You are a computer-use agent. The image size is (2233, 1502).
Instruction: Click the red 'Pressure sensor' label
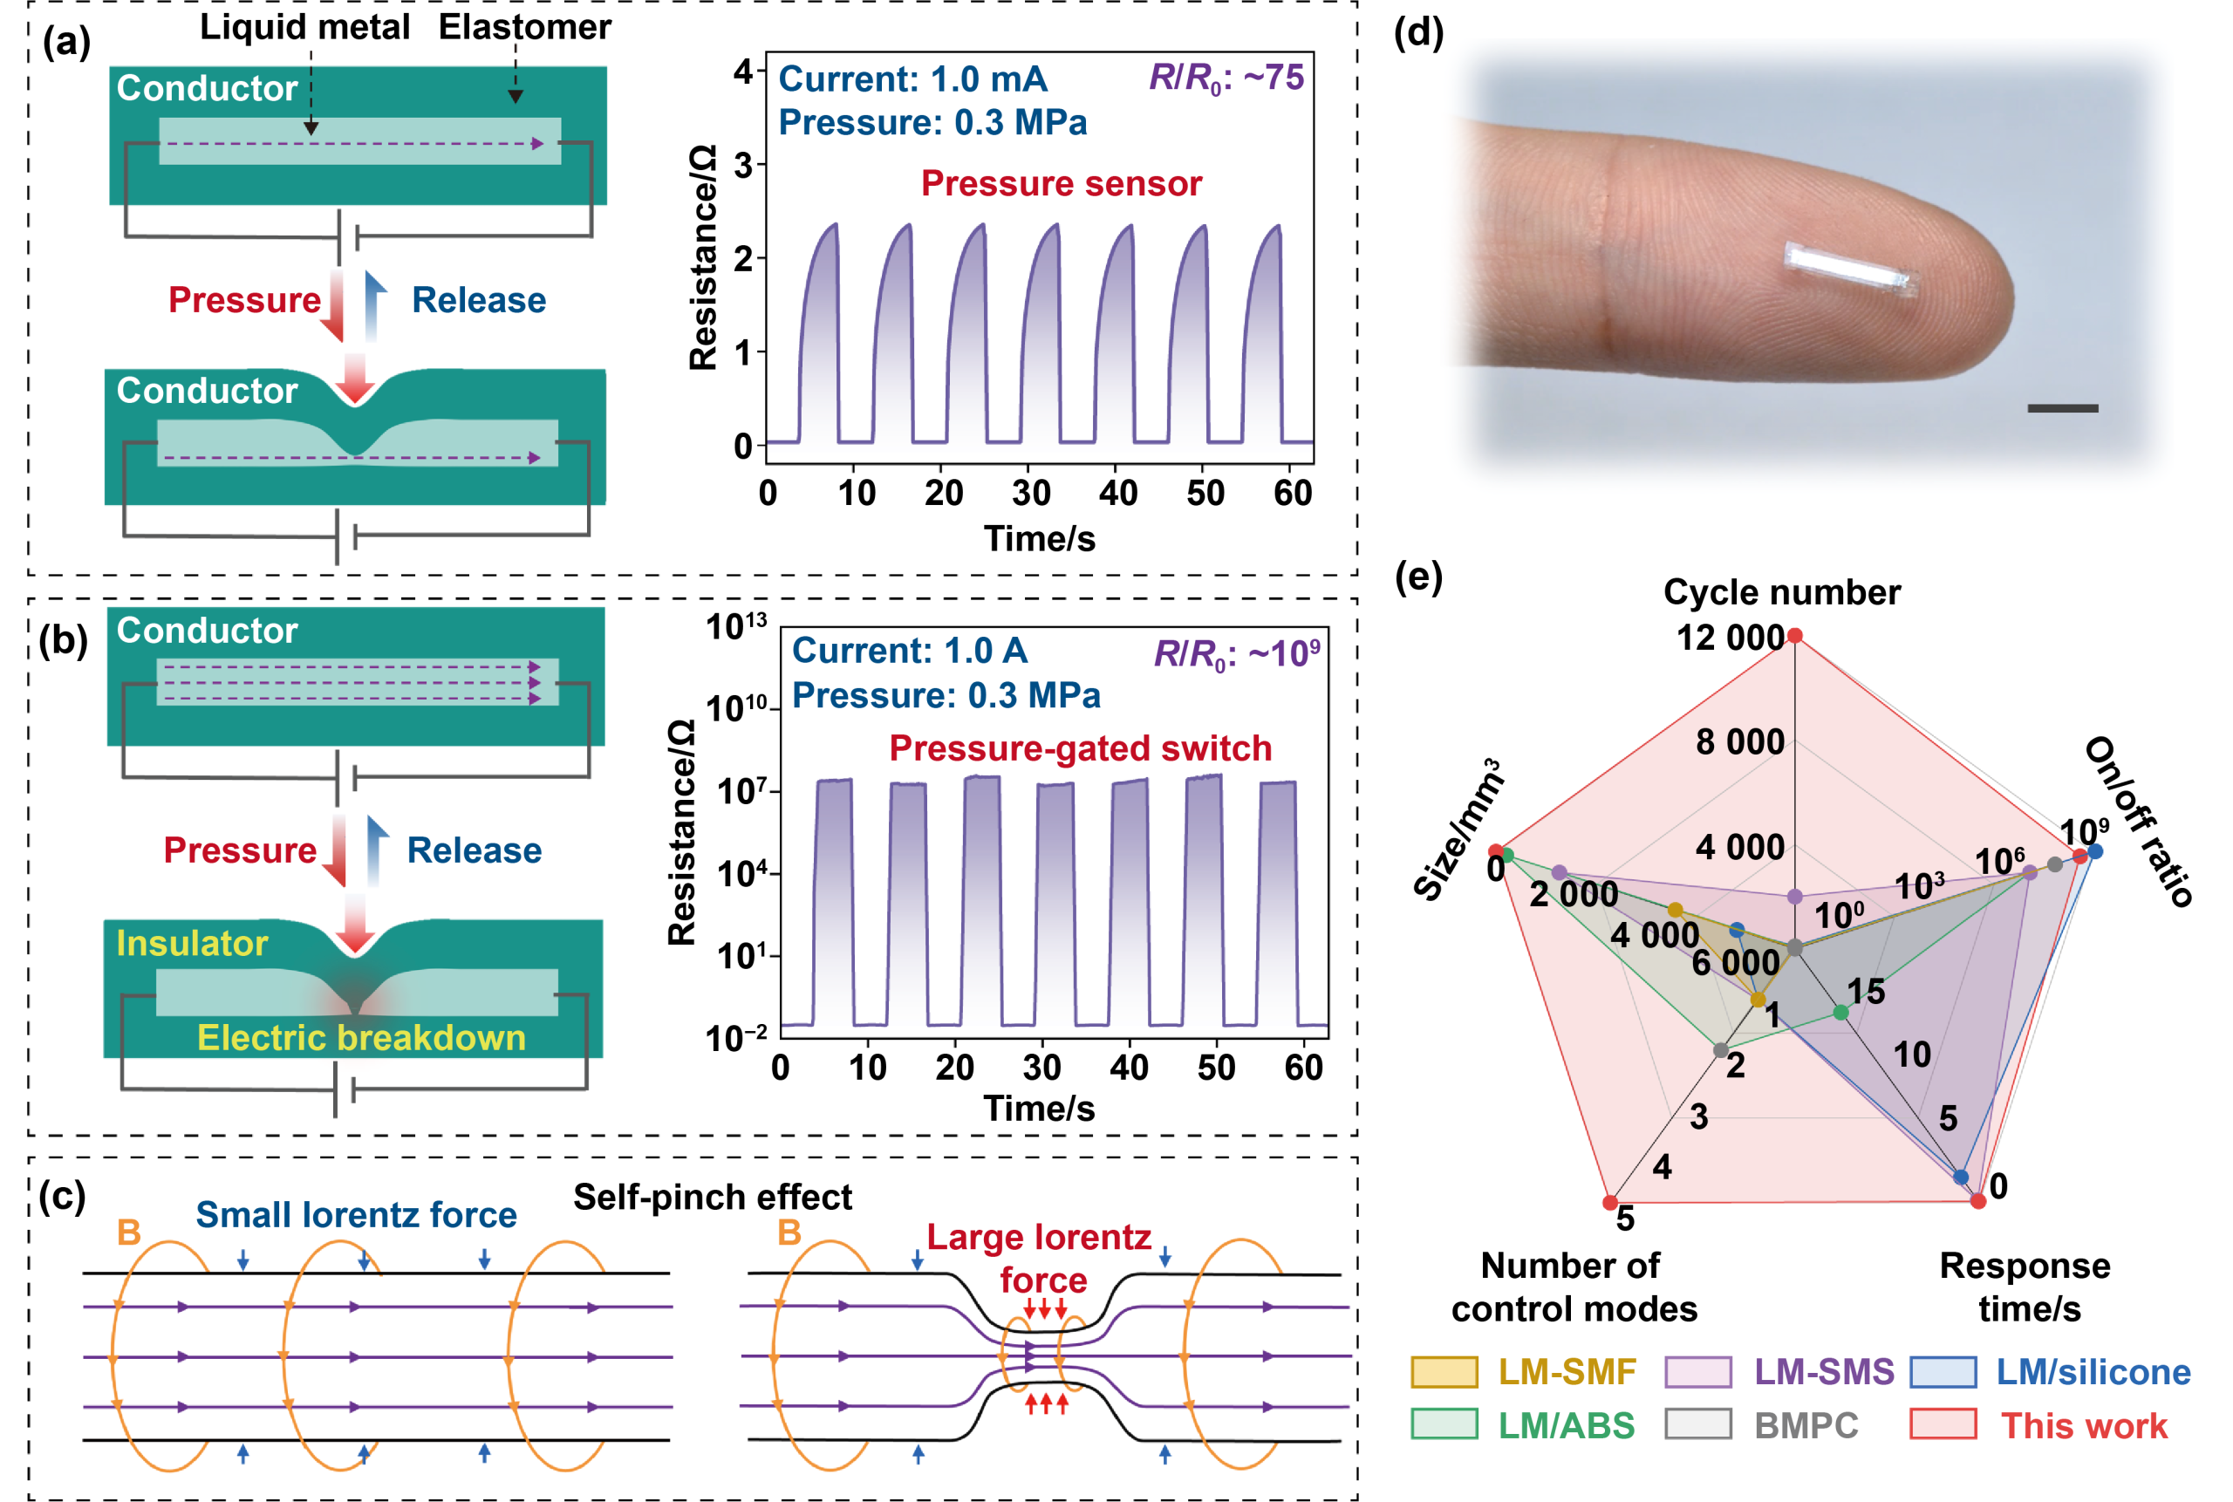(1061, 183)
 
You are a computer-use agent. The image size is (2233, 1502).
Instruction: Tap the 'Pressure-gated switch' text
(1080, 748)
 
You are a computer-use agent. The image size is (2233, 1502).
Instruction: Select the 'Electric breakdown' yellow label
(361, 1037)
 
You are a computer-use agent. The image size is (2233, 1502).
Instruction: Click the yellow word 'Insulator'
(192, 944)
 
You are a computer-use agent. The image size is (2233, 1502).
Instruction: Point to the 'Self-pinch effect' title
(712, 1197)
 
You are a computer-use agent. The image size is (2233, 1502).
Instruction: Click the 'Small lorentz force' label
(357, 1215)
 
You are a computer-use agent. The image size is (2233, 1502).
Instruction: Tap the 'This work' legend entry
(2083, 1425)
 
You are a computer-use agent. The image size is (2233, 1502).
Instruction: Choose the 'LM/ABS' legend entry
(1566, 1425)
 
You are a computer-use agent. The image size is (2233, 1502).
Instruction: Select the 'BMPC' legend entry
(1806, 1425)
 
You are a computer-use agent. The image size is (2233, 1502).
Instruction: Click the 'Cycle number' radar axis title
(1782, 592)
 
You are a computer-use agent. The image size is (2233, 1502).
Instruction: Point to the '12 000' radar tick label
(1729, 638)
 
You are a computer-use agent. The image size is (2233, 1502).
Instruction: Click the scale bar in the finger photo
(2063, 408)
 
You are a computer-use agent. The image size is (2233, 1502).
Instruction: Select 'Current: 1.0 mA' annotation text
(912, 79)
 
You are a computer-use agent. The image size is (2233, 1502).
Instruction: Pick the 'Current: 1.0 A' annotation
(909, 651)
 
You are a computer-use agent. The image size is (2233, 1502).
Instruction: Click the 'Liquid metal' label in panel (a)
(304, 27)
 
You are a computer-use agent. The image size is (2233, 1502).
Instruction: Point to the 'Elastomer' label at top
(525, 27)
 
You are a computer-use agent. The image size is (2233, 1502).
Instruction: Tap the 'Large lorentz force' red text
(1041, 1258)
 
